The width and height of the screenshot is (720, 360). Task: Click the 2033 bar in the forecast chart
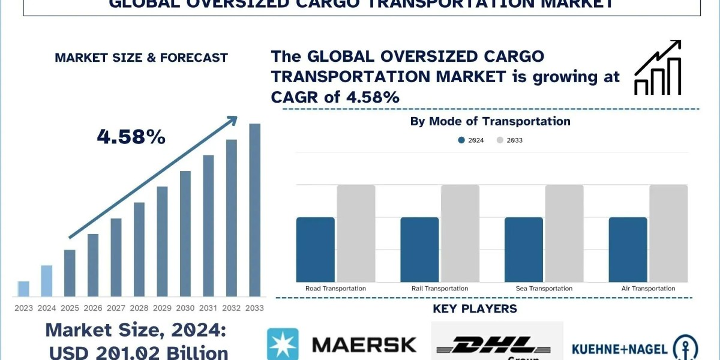[254, 210]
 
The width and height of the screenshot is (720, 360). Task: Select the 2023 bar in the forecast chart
[23, 289]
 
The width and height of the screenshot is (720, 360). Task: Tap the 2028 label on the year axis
[139, 308]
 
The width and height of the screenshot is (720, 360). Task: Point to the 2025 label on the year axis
[70, 308]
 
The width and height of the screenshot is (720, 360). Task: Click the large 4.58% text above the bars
[131, 137]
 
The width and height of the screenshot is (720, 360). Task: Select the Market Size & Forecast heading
[141, 58]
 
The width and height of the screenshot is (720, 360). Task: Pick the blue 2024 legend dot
[461, 140]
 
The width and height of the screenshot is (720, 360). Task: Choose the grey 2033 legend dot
[500, 140]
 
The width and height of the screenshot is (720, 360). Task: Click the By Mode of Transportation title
[490, 121]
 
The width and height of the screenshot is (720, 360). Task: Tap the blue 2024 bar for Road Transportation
[315, 250]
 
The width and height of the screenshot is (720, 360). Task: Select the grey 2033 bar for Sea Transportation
[564, 233]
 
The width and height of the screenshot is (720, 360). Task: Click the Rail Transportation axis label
[440, 289]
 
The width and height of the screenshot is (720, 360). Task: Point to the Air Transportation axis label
[648, 289]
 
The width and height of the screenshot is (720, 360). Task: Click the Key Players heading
[475, 309]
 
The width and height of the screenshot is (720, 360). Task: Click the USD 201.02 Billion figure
[139, 352]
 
